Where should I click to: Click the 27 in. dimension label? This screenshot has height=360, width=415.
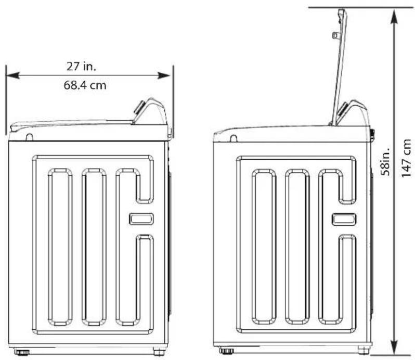(x=81, y=67)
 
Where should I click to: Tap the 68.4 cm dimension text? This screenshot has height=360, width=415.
(x=85, y=85)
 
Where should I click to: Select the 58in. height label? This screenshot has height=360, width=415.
(x=385, y=161)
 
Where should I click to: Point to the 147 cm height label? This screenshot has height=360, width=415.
(x=406, y=158)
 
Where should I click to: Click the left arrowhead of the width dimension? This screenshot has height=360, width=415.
(x=12, y=75)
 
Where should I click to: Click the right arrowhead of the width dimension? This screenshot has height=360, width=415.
(x=164, y=75)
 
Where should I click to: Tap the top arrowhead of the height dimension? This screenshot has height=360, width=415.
(x=394, y=17)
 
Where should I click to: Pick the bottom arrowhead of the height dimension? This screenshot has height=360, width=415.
(x=394, y=347)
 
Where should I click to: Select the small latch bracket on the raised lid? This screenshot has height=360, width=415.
(x=335, y=35)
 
